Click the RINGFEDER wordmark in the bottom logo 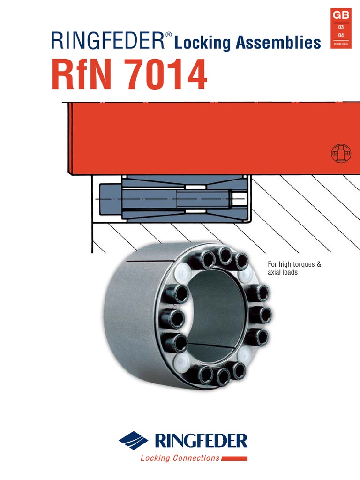tap(200, 441)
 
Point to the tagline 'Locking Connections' tap(180, 458)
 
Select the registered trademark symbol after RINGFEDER tap(169, 36)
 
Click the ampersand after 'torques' tap(319, 265)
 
